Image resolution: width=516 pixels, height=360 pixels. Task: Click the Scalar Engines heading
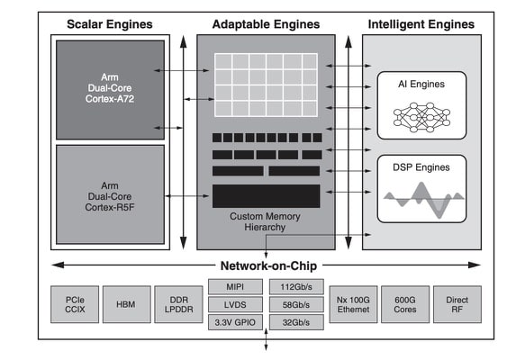point(110,24)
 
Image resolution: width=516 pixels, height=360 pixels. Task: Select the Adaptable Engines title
point(266,24)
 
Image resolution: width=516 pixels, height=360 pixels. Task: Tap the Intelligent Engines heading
point(421,24)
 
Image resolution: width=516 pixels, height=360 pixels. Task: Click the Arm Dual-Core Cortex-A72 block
point(110,90)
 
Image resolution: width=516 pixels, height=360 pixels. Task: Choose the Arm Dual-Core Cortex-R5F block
point(110,194)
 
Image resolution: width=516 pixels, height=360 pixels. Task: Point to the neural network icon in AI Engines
point(421,117)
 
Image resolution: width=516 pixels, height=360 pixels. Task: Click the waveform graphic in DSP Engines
point(423,199)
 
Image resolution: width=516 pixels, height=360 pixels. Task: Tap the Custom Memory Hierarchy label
point(265,221)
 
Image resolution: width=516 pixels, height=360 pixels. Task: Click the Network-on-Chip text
point(268,265)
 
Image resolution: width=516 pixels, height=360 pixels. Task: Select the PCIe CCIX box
point(75,304)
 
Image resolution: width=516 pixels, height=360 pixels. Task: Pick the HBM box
point(127,304)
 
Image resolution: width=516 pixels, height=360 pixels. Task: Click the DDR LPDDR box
point(178,304)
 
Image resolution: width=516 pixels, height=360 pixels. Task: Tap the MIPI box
point(235,287)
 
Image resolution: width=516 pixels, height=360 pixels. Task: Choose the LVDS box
point(235,304)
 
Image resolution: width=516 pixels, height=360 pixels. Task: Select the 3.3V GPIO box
point(235,322)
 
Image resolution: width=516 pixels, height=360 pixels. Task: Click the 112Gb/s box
point(296,287)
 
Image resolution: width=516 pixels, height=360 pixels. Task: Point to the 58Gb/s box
point(296,304)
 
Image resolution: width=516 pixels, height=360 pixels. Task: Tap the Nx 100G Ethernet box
point(353,304)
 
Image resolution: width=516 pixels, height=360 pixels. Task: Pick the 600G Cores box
point(405,304)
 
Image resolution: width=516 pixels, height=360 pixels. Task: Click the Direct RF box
point(457,304)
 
